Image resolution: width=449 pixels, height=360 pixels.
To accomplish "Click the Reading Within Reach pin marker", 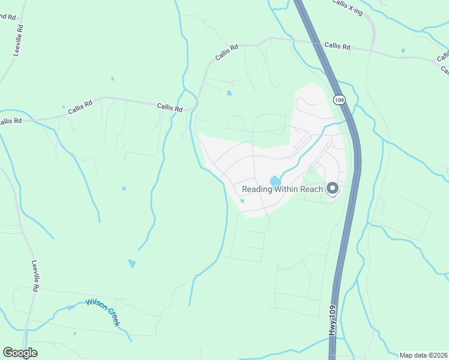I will click(x=332, y=189).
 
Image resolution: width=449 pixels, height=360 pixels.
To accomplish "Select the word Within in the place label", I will click(x=285, y=189).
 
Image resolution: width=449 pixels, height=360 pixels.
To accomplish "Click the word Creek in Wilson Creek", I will click(x=113, y=316).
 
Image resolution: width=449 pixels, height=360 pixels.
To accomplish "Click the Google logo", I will click(x=20, y=353).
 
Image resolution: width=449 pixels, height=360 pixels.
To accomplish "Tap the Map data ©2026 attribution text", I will click(x=423, y=355).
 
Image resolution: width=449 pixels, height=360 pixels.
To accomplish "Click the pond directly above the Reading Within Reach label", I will click(x=275, y=180).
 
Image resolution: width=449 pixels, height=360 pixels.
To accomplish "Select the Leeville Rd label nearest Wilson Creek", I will click(x=35, y=276).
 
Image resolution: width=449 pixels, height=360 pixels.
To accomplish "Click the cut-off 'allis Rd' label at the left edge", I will click(x=10, y=121).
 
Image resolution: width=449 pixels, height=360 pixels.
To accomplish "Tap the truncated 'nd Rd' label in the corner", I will click(x=7, y=16).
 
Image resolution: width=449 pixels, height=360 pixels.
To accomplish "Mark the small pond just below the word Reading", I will click(x=242, y=201).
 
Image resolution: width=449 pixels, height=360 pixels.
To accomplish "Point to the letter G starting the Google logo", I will click(x=8, y=353).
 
